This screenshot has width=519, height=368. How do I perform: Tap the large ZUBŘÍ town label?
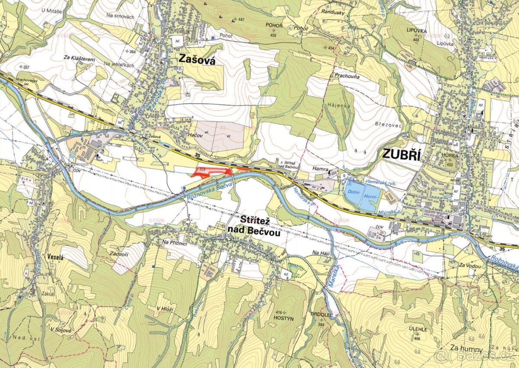401,155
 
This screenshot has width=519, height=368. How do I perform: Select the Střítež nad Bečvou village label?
253,228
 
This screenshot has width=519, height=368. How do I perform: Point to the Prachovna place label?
347,75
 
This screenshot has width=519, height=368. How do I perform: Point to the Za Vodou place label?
471,266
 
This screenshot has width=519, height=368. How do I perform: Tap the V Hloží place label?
166,308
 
